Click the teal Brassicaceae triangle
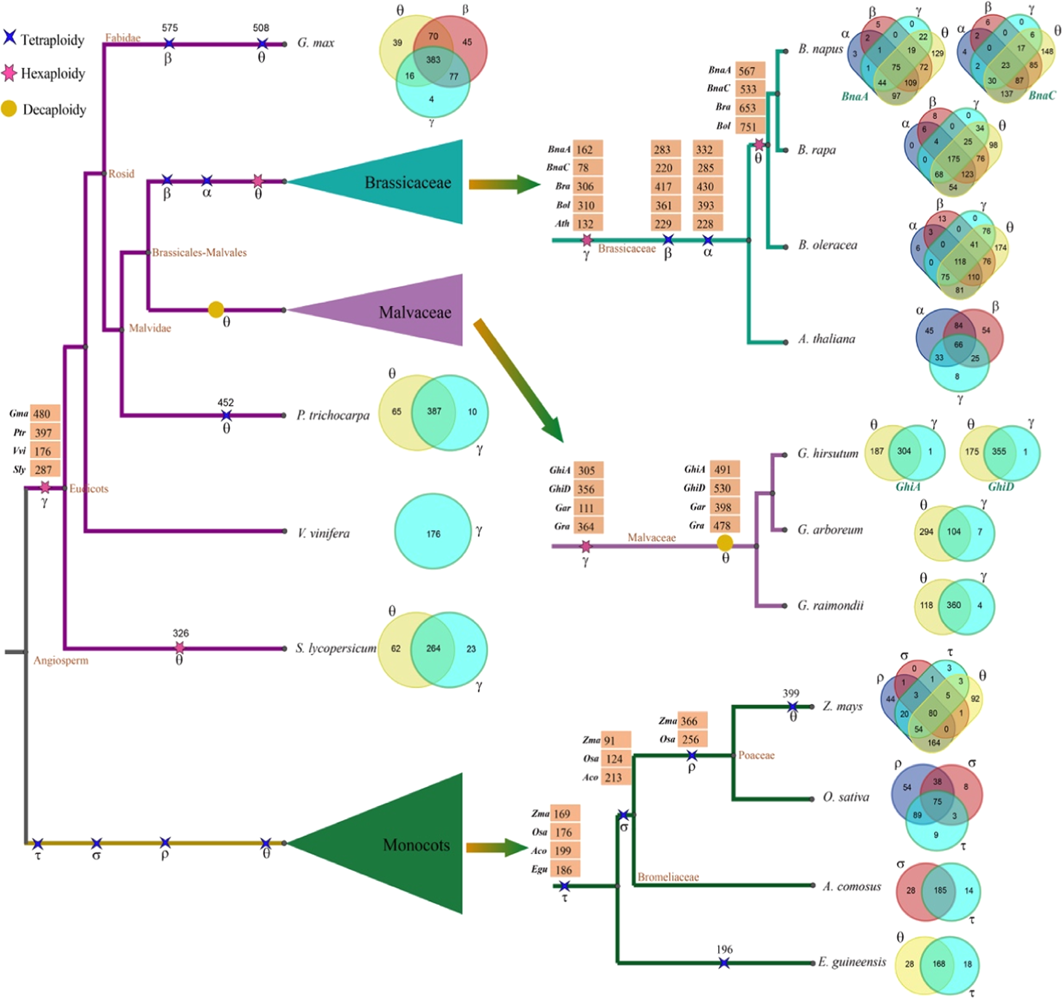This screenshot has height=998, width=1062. coord(404,182)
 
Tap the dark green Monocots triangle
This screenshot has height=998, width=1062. coord(409,844)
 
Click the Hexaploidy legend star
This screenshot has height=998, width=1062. coord(9,73)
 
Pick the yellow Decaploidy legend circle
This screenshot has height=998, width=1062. coord(9,109)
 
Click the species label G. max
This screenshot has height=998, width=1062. coord(315,43)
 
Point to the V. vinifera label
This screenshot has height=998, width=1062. coord(324,533)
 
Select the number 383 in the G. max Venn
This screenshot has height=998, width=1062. coord(433,60)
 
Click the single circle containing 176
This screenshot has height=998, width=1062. coord(433,532)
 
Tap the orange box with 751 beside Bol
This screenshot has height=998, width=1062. coord(749,127)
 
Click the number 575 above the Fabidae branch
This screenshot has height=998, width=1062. coord(169,28)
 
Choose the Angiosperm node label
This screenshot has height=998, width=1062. coord(61,661)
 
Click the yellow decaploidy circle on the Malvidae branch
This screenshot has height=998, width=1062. coord(216,310)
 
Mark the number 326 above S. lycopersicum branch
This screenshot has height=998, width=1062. coord(180,633)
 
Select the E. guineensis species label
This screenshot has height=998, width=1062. coord(852,962)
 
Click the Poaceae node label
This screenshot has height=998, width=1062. coord(756,755)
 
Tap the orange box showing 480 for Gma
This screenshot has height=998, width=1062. coord(44,414)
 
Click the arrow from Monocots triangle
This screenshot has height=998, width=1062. coord(497,847)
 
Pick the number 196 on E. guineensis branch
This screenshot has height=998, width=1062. coord(724,949)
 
